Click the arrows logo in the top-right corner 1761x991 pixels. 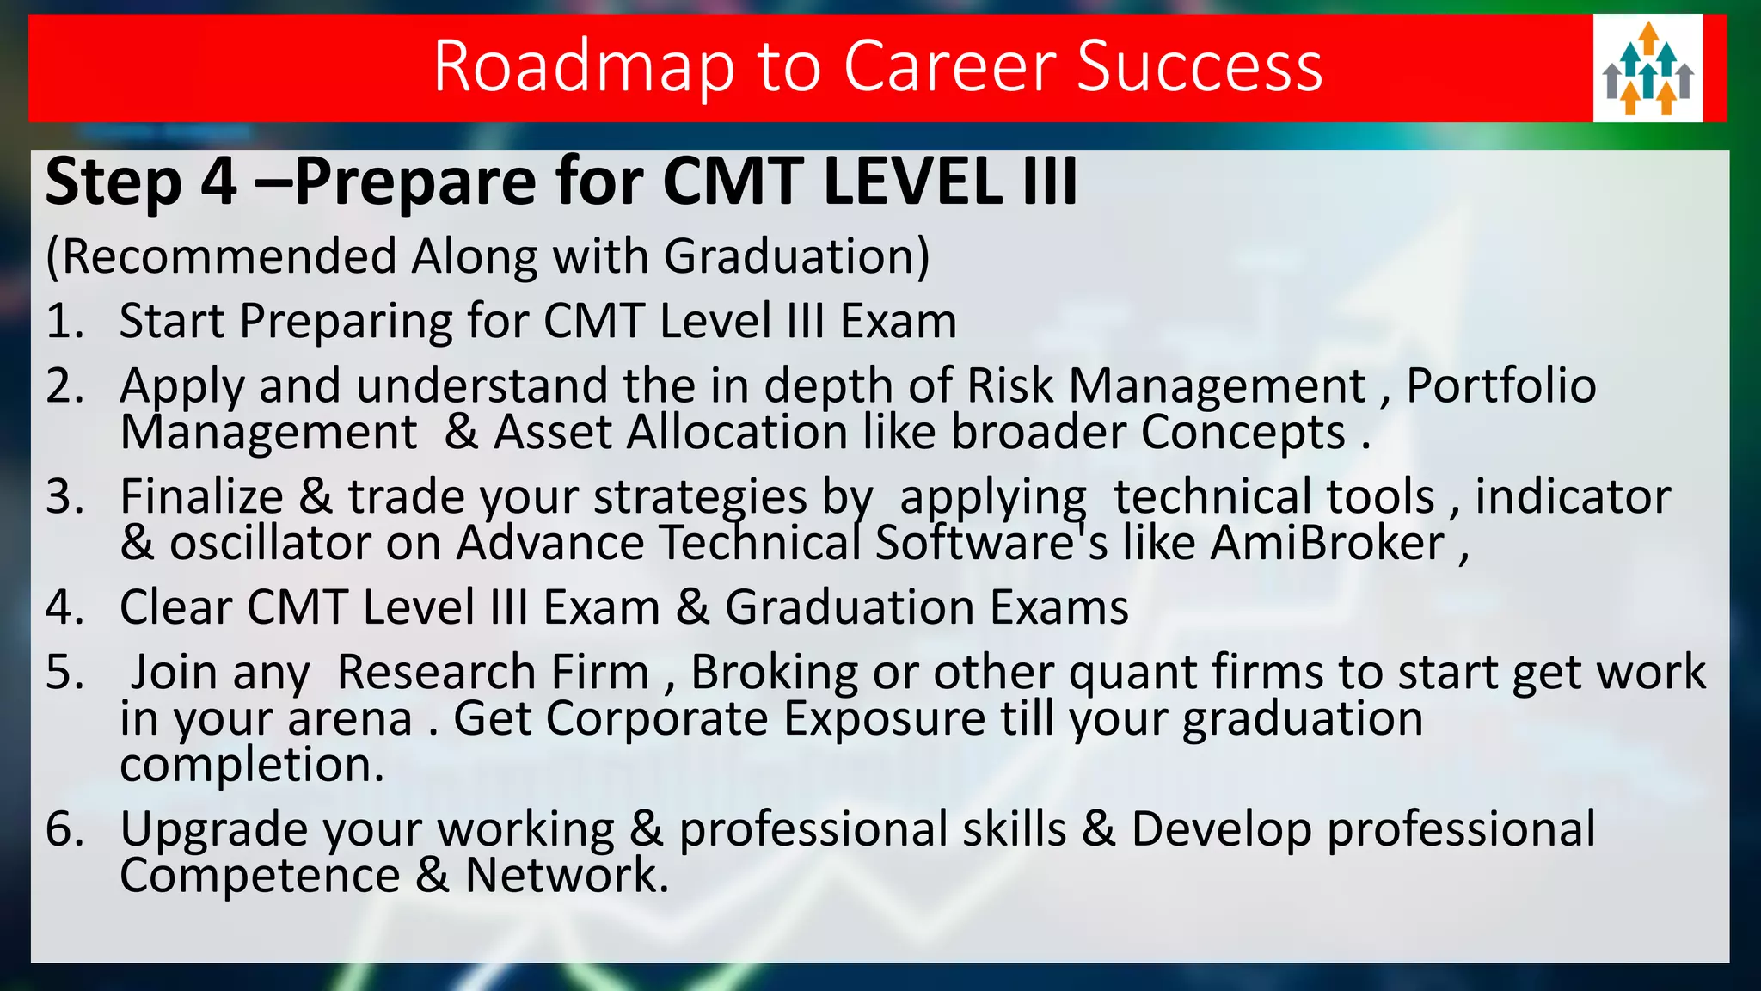1647,68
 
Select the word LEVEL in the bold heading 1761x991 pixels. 912,182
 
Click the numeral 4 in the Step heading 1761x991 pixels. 218,182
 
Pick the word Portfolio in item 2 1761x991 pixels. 1500,385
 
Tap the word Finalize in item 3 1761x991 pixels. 202,497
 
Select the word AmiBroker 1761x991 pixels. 1328,544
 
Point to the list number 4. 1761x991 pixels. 64,608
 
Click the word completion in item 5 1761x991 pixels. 250,765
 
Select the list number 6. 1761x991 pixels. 64,830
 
